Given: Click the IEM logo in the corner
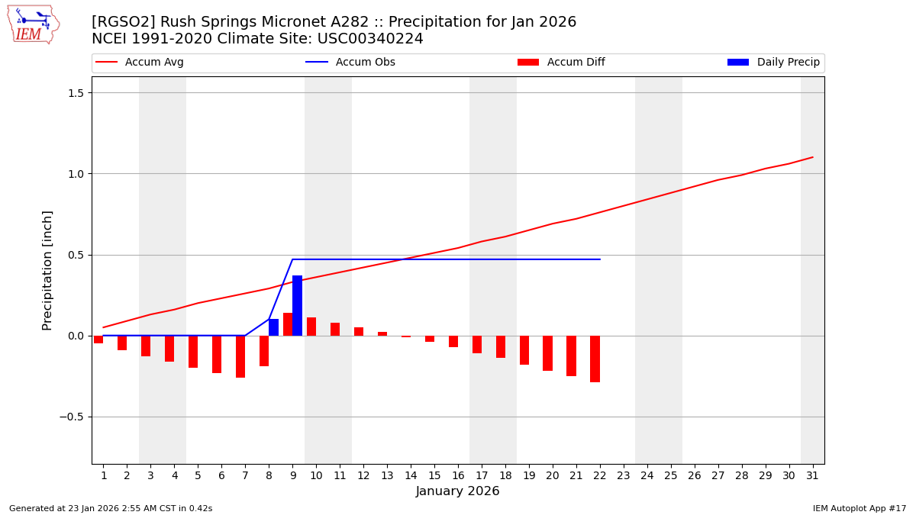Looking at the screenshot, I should pos(33,24).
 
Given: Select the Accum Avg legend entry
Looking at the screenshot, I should pos(140,63).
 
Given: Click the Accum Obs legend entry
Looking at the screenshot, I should pos(350,63).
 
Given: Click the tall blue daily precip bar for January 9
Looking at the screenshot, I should pos(297,306).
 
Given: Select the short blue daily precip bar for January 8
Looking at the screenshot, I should pos(273,327).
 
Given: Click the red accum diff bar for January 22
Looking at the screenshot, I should pos(595,359).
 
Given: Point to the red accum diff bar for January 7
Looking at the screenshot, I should pos(240,356).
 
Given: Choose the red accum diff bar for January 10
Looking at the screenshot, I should pos(311,327).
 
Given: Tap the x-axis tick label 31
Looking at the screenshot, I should pos(811,475).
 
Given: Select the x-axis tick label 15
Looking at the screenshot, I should pos(434,475).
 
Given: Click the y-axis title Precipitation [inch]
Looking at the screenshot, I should pos(47,270).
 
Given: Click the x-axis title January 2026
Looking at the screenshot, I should pos(457,492).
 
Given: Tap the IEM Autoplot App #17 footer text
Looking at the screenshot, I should pos(860,508).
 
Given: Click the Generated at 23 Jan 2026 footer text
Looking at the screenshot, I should pos(111,508).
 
